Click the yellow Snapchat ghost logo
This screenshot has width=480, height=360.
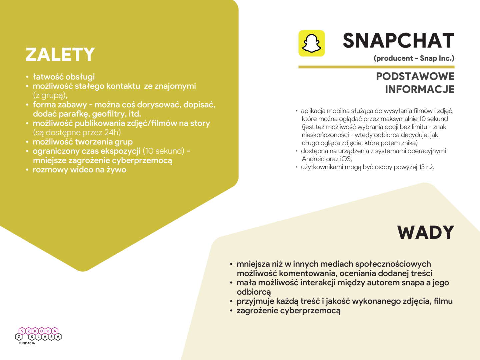pos(311,43)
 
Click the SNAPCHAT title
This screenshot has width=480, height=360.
pos(398,41)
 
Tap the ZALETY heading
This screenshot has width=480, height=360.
pos(60,55)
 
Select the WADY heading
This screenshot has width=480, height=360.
pos(426,232)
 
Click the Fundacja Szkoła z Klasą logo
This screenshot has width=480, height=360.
pos(39,334)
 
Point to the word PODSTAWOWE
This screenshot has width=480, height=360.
pos(415,76)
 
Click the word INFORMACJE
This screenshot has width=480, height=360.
pos(420,89)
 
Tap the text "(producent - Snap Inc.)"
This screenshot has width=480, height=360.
pos(414,58)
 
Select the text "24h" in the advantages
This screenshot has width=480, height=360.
pos(112,133)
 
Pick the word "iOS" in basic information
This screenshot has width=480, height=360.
pos(346,159)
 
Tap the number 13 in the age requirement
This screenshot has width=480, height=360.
pos(422,167)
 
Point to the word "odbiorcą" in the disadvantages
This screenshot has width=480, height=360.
pos(254,292)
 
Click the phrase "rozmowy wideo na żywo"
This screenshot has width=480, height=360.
pos(79,170)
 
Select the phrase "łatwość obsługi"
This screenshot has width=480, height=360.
pos(64,77)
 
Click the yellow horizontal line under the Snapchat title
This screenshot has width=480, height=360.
pos(376,67)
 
